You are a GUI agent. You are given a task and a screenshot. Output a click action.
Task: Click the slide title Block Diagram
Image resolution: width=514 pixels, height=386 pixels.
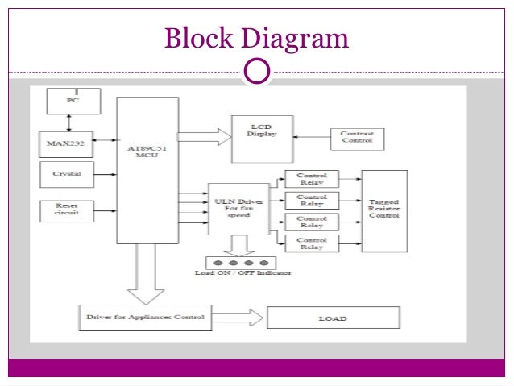click(256, 38)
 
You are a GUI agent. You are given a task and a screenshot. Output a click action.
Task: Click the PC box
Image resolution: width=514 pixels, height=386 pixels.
click(73, 102)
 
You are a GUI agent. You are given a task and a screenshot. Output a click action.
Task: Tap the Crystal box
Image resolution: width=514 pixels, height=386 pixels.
click(65, 174)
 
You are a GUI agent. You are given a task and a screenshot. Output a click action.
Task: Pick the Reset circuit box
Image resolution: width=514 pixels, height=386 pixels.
click(65, 210)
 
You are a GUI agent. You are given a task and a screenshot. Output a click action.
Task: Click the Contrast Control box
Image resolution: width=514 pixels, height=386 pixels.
click(356, 138)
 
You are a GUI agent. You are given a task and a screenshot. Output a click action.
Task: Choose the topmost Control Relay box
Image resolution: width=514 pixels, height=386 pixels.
click(311, 178)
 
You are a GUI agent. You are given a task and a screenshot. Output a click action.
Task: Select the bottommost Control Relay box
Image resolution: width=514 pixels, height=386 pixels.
click(311, 243)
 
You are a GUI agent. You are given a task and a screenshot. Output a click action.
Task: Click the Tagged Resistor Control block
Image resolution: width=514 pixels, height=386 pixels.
click(384, 210)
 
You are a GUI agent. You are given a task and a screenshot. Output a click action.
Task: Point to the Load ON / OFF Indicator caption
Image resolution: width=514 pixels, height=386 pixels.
click(243, 273)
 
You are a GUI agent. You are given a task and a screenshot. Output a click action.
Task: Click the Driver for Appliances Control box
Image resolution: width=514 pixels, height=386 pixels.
click(146, 318)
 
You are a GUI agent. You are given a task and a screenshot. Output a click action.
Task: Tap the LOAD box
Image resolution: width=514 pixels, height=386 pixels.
click(332, 318)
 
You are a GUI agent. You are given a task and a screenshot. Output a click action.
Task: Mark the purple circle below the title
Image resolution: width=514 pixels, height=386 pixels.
click(256, 71)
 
